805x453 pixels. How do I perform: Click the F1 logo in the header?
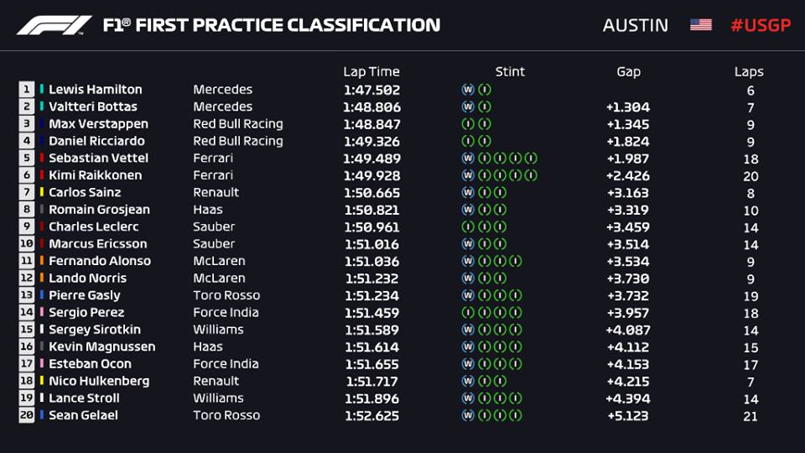click(x=55, y=25)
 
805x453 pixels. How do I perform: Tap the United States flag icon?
click(x=700, y=25)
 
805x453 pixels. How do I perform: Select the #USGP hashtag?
click(x=760, y=25)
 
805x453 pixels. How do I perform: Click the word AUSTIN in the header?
click(x=636, y=25)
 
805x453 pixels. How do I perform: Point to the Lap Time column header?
click(x=371, y=72)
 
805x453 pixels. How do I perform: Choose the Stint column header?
click(x=510, y=72)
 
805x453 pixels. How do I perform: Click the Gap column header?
click(x=628, y=72)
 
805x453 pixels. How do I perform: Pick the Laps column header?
click(x=749, y=72)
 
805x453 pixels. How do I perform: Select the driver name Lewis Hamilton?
click(x=95, y=90)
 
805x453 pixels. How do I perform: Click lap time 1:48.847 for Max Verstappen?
click(x=371, y=124)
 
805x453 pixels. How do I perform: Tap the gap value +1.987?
click(x=627, y=159)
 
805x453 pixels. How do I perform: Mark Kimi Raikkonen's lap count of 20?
click(x=750, y=176)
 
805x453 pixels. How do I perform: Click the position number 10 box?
click(x=27, y=244)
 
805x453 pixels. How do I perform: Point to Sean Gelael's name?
click(x=83, y=415)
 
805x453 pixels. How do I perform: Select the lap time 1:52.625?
click(x=371, y=415)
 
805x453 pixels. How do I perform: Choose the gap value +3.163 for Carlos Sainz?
click(x=627, y=193)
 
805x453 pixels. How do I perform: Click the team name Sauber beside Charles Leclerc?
click(x=214, y=226)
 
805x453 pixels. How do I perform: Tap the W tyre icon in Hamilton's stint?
click(x=467, y=90)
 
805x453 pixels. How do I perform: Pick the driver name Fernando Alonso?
click(x=100, y=261)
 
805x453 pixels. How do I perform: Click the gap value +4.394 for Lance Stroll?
click(x=627, y=398)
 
